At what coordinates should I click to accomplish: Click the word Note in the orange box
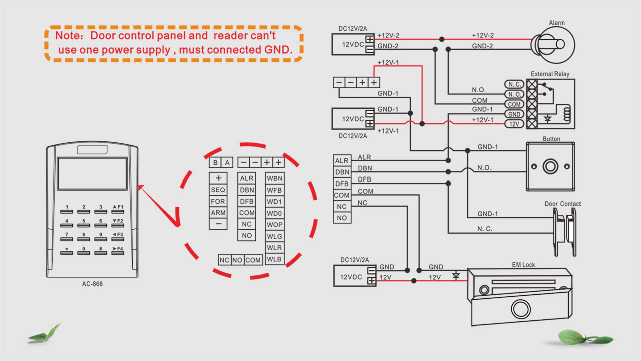tap(66, 36)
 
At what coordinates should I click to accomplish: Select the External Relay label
tap(550, 74)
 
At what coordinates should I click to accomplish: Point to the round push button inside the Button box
tap(551, 166)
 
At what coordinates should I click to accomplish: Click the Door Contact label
tap(562, 204)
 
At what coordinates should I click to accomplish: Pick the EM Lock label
tap(523, 265)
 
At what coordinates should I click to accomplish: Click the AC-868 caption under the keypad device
tap(92, 284)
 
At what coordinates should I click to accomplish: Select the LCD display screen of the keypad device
tap(85, 173)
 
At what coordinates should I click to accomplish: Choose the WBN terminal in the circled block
tap(274, 178)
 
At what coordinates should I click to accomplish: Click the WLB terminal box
tap(274, 259)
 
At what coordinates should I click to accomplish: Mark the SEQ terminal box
tap(218, 190)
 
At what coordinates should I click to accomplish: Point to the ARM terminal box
tap(218, 213)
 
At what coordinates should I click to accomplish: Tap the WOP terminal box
tap(274, 225)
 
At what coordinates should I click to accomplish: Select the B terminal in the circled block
tap(215, 163)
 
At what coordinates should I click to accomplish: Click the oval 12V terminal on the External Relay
tap(514, 124)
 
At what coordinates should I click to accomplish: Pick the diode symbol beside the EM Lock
tap(456, 275)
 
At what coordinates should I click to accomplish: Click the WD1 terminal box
tap(274, 202)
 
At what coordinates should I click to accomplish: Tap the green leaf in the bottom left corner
tap(45, 333)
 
